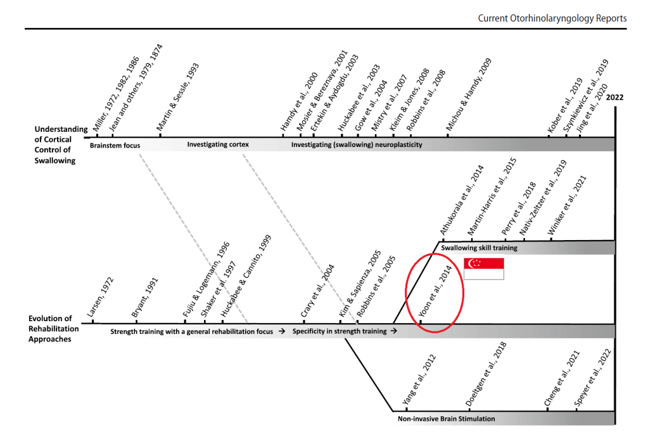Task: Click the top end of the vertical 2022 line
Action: click(x=615, y=107)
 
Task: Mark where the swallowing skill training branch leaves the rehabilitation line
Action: click(x=393, y=323)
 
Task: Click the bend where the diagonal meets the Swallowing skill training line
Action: click(x=438, y=242)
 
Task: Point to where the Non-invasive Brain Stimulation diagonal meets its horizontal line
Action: click(x=393, y=411)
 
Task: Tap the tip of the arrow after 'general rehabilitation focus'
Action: click(x=285, y=331)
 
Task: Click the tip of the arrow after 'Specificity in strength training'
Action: click(x=397, y=331)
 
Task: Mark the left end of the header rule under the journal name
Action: click(x=25, y=29)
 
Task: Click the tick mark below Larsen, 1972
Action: click(x=92, y=321)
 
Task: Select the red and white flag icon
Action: click(x=484, y=269)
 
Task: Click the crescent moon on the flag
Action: click(x=471, y=263)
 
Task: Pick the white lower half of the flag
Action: click(x=484, y=274)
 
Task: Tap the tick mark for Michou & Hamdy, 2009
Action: click(x=448, y=134)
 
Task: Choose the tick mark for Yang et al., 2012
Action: click(x=407, y=409)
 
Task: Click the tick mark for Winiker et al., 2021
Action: click(x=551, y=238)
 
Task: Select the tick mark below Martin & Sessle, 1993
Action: click(x=160, y=134)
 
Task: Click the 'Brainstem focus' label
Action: click(x=115, y=146)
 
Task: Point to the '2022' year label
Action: click(x=614, y=98)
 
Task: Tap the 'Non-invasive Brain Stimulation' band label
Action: click(x=447, y=419)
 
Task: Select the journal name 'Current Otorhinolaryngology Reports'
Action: click(x=552, y=18)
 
